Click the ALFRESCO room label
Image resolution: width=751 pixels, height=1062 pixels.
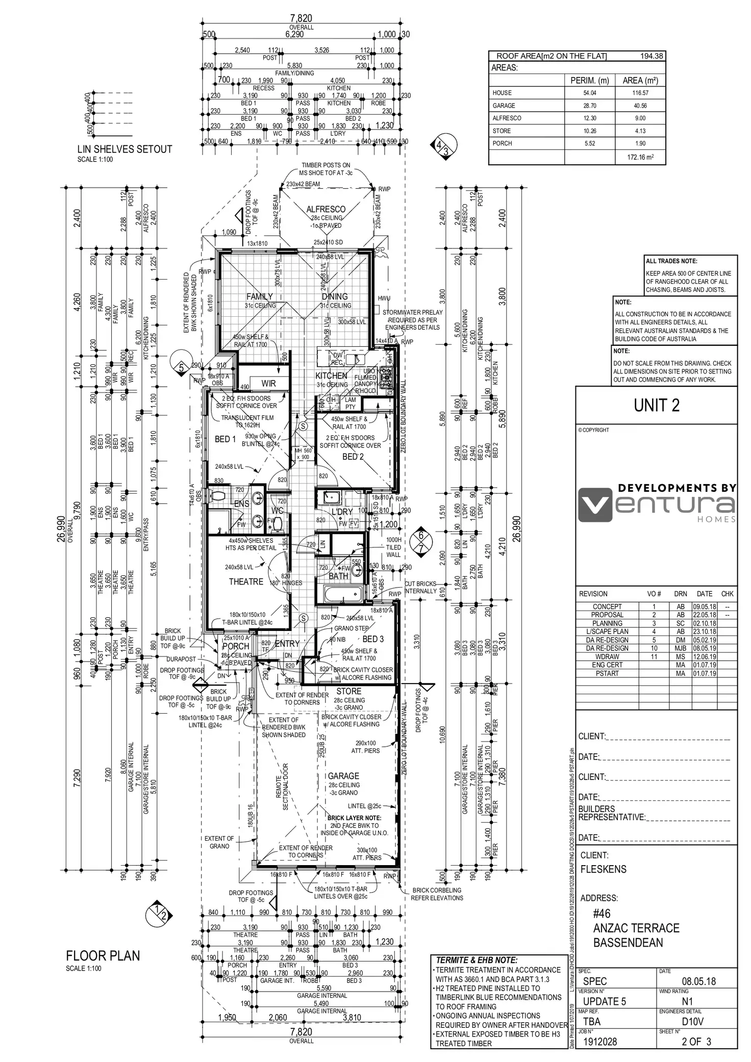coord(326,209)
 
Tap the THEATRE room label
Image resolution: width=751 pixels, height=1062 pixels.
coord(246,581)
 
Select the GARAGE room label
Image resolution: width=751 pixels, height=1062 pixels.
coord(343,776)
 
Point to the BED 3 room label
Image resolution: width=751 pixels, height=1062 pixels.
coord(373,639)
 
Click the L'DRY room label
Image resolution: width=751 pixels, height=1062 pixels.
coord(342,512)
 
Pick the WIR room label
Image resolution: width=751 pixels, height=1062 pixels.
coord(268,383)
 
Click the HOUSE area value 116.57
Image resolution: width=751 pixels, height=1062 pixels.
coord(640,93)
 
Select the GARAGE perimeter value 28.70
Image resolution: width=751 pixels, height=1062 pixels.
coord(589,106)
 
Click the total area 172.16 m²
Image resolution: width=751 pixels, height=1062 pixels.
coord(640,157)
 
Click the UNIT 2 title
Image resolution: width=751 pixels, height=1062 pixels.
coord(657,406)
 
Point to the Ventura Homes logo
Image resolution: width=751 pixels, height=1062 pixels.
coord(657,503)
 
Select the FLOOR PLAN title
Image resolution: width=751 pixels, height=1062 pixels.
coord(103,956)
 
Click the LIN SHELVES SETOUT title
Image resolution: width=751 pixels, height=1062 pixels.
coord(124,149)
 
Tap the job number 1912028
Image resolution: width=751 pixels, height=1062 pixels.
coord(600,1042)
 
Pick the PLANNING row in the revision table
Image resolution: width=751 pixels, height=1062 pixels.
coord(607,623)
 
